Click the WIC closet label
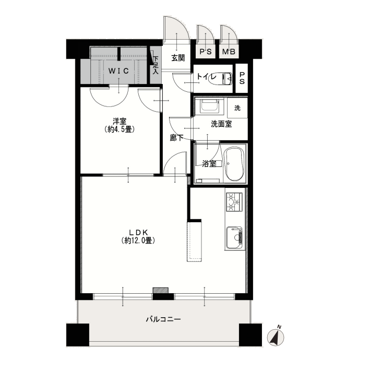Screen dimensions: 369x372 coord(118,71)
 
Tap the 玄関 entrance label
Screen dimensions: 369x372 coord(178,58)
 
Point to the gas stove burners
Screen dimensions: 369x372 coord(234,202)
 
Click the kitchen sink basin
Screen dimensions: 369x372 coord(234,237)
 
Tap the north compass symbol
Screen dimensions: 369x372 coord(276,337)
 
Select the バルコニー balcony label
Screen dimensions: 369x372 coord(163,319)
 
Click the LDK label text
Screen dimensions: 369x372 coord(138,232)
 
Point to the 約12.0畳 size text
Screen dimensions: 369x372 coord(138,241)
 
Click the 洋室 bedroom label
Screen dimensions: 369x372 coord(120,121)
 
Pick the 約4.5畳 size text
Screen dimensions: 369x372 coord(120,129)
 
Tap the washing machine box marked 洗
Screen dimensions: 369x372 coord(237,108)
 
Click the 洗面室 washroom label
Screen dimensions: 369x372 coord(221,124)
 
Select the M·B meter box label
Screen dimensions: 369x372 coord(229,52)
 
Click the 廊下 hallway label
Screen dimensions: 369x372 coord(176,138)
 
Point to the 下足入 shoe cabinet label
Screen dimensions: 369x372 coord(156,65)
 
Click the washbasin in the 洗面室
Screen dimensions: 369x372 coord(209,106)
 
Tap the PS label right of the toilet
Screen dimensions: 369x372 coord(242,78)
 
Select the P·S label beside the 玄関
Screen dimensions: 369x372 coord(206,52)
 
